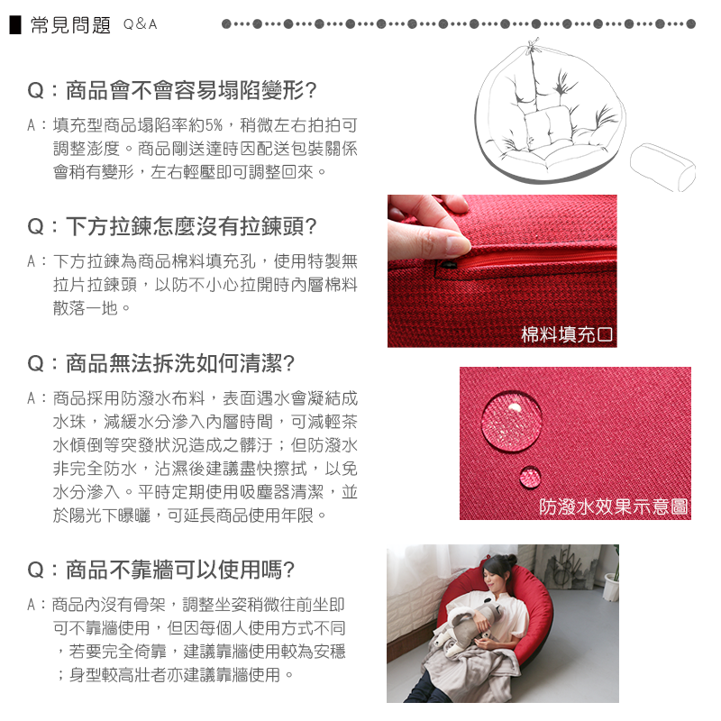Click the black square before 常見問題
pos(15,25)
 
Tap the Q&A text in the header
pos(141,24)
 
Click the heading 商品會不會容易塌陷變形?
pos(172,90)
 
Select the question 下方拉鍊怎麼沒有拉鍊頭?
pos(172,226)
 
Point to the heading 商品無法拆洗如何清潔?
pos(161,363)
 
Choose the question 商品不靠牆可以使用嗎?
pos(161,570)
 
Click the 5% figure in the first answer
pos(214,125)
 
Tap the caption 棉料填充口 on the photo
pos(567,334)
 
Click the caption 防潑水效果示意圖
pos(614,507)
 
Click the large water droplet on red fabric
pos(511,422)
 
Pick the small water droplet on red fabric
pos(530,477)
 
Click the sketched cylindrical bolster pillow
pos(662,167)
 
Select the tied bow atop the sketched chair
pos(533,45)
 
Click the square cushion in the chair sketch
pos(547,126)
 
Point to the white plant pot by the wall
pos(612,587)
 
